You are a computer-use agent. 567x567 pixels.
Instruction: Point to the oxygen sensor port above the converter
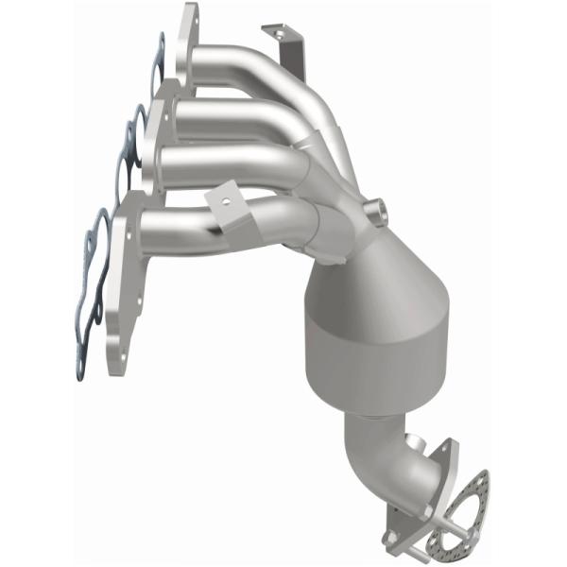click(378, 209)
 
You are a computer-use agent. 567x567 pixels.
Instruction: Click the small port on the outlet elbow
click(413, 440)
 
